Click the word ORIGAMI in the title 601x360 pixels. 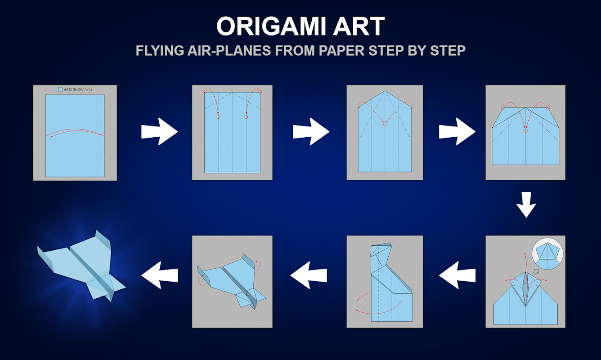point(272,26)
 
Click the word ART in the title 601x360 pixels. point(359,26)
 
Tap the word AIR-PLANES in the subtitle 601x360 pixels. point(229,50)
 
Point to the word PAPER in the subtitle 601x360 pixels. point(341,50)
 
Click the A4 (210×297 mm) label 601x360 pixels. point(75,89)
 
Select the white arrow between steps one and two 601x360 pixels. point(159,131)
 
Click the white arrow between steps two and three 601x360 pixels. point(311,131)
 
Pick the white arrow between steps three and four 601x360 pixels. point(457,131)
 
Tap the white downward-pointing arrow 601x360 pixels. point(526,205)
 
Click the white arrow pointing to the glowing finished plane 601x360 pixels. point(159,275)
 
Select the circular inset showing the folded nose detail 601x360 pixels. point(547,253)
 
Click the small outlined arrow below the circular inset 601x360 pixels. point(536,272)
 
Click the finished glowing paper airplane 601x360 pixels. point(81,266)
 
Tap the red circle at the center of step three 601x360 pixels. point(385,124)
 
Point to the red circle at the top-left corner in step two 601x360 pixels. point(204,92)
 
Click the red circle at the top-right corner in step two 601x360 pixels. point(260,92)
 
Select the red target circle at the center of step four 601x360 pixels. point(525,131)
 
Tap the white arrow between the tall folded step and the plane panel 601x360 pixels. point(309,275)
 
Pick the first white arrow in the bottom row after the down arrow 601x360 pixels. point(457,275)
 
